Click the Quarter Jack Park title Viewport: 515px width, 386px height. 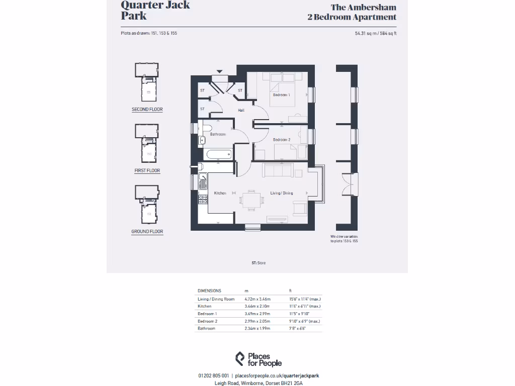point(155,10)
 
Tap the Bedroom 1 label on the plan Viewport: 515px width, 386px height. point(282,95)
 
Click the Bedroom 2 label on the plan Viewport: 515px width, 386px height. point(281,139)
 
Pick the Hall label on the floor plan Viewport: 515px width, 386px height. point(241,110)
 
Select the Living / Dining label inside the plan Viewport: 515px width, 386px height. point(282,193)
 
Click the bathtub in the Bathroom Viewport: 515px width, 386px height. point(218,154)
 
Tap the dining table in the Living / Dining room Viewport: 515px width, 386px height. point(251,199)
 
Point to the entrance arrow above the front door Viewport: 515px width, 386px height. point(219,71)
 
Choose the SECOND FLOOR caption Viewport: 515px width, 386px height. point(147,110)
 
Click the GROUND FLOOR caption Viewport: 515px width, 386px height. point(147,232)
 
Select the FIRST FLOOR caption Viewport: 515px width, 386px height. point(147,171)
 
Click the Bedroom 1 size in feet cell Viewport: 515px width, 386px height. point(299,314)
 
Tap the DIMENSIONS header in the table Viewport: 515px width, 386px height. point(209,291)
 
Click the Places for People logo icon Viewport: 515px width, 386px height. point(240,359)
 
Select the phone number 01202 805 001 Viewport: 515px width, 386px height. point(214,375)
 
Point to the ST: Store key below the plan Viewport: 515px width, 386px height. point(259,263)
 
